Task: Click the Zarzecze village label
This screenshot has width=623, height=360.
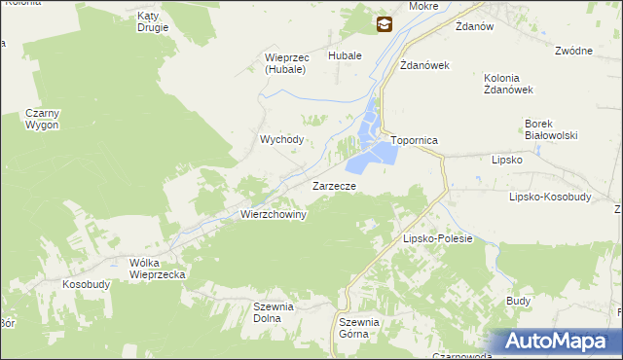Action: coord(339,185)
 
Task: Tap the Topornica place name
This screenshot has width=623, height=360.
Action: coord(416,141)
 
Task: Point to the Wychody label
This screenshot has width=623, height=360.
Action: coord(281,139)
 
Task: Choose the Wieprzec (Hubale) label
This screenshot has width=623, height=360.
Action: coord(286,63)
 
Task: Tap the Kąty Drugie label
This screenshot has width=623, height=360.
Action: coord(153,22)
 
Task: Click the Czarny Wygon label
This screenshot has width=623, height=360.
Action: coord(42,120)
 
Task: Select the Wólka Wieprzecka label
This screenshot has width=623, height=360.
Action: coord(157,269)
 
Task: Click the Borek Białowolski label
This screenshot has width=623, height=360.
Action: coord(552,129)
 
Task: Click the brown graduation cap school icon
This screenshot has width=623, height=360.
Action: coord(385,25)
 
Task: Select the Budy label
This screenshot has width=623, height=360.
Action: coord(518,302)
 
